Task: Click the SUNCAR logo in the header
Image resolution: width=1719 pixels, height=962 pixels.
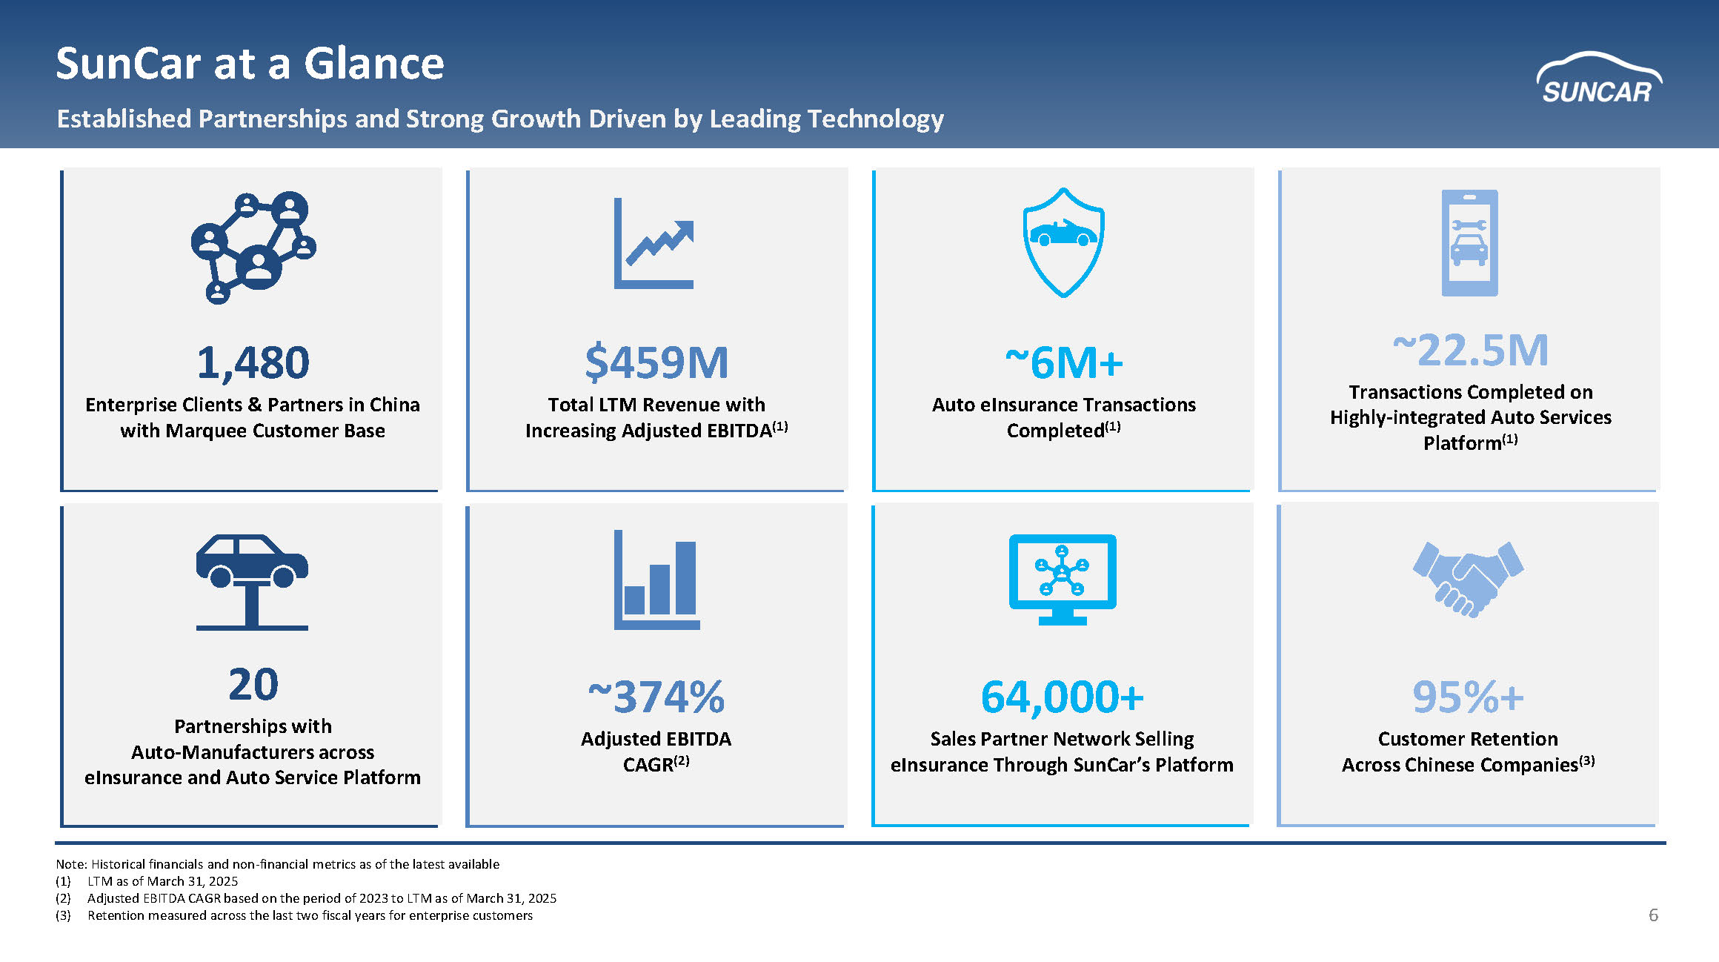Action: [x=1598, y=79]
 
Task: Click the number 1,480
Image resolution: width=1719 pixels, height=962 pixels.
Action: [x=253, y=363]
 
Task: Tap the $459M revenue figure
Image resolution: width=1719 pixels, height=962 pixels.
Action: [x=656, y=363]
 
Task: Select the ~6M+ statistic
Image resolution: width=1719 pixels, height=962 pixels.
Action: [x=1063, y=363]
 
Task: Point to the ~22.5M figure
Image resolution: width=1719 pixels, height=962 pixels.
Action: [x=1470, y=350]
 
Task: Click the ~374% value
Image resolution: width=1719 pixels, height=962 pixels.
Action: [x=656, y=697]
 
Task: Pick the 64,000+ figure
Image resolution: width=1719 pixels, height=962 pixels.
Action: [x=1062, y=697]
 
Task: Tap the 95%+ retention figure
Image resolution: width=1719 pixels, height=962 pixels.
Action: [x=1468, y=697]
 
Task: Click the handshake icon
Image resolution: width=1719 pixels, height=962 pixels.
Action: [x=1468, y=578]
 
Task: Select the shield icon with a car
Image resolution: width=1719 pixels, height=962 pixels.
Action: [x=1063, y=242]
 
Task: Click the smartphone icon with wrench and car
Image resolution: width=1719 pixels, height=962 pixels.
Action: [x=1469, y=242]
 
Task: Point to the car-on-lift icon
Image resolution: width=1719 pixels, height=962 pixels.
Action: [x=252, y=581]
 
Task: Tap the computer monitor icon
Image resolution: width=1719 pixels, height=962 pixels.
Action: [x=1062, y=579]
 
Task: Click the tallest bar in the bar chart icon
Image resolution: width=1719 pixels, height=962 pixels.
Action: [x=685, y=577]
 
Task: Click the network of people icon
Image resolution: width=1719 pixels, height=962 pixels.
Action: [x=253, y=247]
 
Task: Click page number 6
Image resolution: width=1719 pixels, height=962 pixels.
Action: [x=1653, y=915]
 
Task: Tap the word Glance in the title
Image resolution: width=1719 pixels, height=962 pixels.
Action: [x=373, y=64]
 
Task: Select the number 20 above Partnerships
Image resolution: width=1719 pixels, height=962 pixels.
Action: [x=253, y=684]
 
